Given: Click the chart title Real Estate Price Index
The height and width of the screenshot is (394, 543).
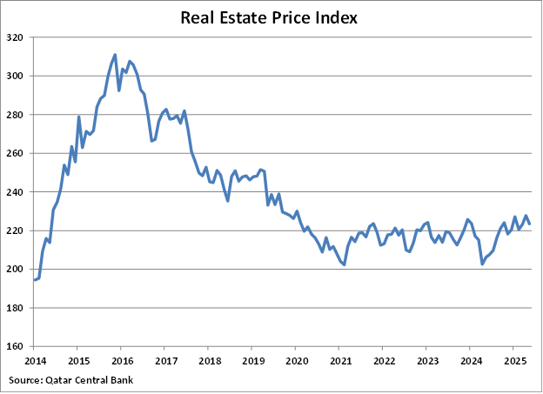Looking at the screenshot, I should pyautogui.click(x=271, y=17).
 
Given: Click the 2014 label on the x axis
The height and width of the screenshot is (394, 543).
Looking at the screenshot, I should pyautogui.click(x=35, y=360).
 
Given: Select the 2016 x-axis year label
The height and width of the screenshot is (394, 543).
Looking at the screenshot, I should pyautogui.click(x=122, y=360).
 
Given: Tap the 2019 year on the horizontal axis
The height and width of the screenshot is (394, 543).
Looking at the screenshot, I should pyautogui.click(x=252, y=360).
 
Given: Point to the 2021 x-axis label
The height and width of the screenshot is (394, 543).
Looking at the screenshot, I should pyautogui.click(x=340, y=360).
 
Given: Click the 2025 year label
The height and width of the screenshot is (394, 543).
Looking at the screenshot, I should pyautogui.click(x=514, y=360).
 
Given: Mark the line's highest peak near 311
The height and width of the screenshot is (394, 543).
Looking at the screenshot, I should pyautogui.click(x=115, y=55).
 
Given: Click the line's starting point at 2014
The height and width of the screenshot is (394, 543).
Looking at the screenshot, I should pyautogui.click(x=35, y=279).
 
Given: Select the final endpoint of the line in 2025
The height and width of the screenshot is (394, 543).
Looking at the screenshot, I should pyautogui.click(x=530, y=224).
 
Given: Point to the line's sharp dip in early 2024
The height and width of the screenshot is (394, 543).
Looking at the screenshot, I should pyautogui.click(x=482, y=264).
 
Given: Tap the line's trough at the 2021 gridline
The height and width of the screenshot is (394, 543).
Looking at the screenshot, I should pyautogui.click(x=344, y=264).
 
